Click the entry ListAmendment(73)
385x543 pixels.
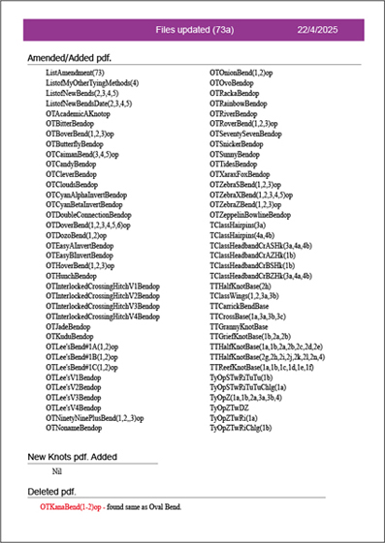(75, 73)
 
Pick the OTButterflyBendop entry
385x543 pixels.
(77, 143)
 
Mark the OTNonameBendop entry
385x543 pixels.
(75, 427)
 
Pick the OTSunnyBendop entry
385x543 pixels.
(237, 154)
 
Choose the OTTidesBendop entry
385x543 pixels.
(236, 164)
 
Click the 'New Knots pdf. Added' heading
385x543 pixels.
(72, 456)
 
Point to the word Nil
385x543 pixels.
(57, 471)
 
